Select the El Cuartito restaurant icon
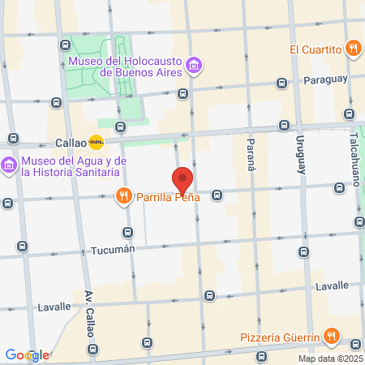(353, 49)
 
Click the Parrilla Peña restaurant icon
(123, 195)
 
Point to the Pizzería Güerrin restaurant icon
(331, 336)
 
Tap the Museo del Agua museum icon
(10, 165)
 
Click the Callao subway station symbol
(97, 142)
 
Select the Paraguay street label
(326, 79)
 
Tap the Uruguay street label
(301, 155)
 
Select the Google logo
(27, 355)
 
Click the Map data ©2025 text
(330, 359)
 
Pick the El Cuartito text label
(316, 49)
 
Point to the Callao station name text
(71, 142)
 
